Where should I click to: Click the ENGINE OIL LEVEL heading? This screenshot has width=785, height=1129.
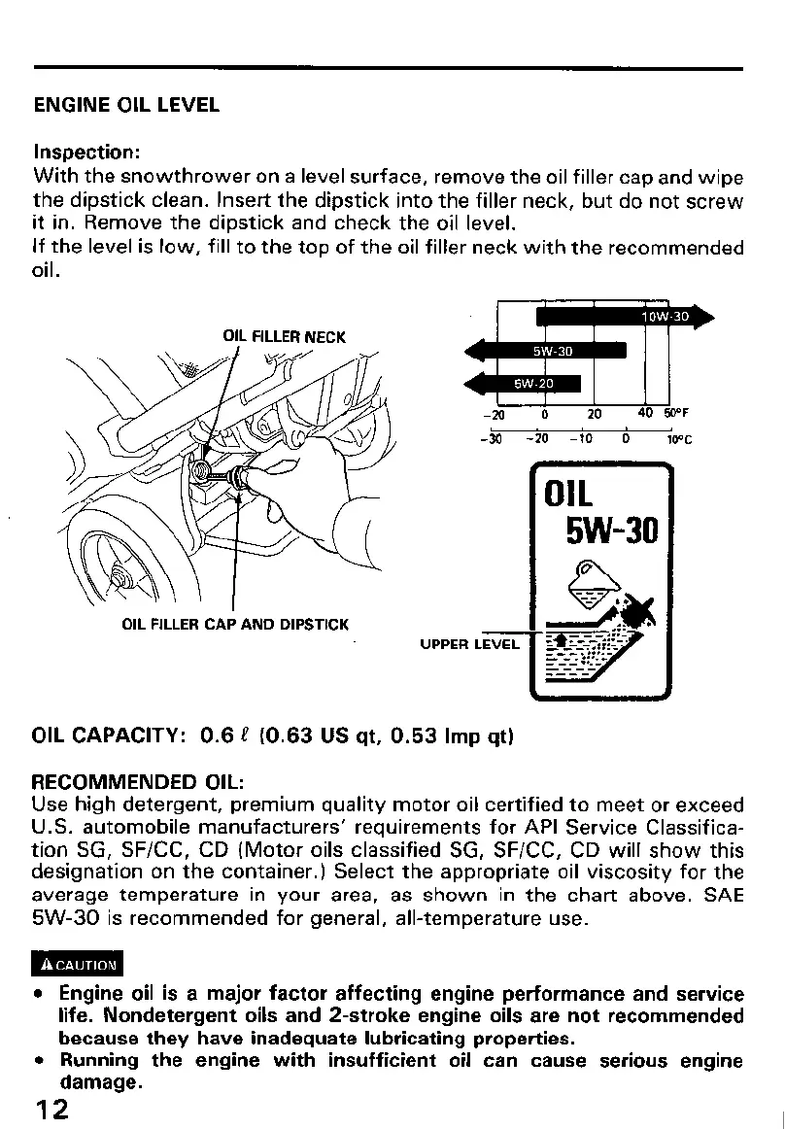point(126,104)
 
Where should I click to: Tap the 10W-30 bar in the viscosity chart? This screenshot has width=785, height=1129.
point(622,317)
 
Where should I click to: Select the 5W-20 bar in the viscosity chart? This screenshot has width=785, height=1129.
point(529,382)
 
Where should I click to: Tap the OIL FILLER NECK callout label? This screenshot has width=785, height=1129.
point(284,337)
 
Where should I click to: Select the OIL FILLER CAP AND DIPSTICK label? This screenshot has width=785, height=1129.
point(235,624)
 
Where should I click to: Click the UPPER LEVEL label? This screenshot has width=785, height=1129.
point(469,643)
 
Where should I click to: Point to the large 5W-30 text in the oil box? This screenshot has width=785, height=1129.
point(612,530)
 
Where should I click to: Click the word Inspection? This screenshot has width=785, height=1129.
point(87,154)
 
